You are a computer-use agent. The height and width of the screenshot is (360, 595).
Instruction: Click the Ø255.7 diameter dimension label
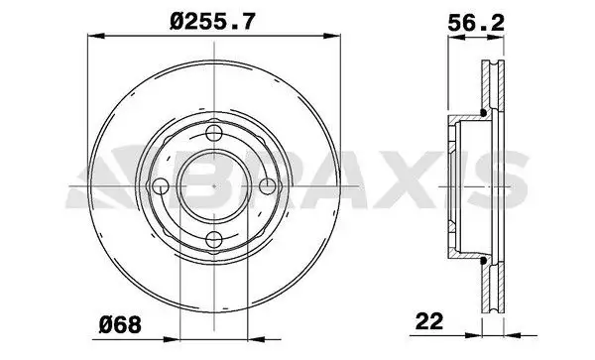(212, 21)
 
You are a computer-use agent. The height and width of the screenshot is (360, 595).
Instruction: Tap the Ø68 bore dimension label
(120, 325)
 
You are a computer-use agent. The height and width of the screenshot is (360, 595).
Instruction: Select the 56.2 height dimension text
(476, 24)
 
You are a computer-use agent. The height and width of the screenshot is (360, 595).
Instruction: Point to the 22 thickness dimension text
(429, 321)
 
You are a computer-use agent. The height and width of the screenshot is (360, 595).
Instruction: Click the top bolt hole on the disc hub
(214, 133)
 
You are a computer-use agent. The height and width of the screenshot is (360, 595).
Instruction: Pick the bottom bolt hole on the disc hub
(214, 239)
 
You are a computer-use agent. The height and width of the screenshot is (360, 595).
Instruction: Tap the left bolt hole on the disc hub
(161, 185)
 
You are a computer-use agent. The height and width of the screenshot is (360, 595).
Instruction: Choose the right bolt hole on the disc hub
(268, 185)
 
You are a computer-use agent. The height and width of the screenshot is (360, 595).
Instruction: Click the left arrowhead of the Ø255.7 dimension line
(96, 36)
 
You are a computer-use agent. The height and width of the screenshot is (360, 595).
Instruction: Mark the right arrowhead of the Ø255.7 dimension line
(331, 36)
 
